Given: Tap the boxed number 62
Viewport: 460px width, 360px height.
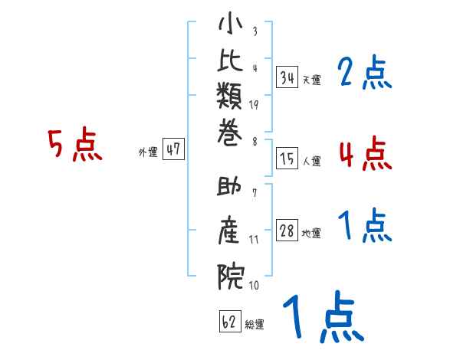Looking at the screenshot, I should coord(230,322).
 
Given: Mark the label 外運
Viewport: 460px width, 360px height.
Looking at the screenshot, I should coord(148,152).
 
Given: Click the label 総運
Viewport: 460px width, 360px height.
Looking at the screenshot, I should coord(255,325).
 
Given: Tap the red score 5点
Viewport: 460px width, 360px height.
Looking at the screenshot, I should coord(74,145).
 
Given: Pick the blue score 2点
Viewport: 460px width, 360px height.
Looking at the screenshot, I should coord(365,74).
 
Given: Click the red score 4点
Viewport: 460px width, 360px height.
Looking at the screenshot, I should coord(365,152).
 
